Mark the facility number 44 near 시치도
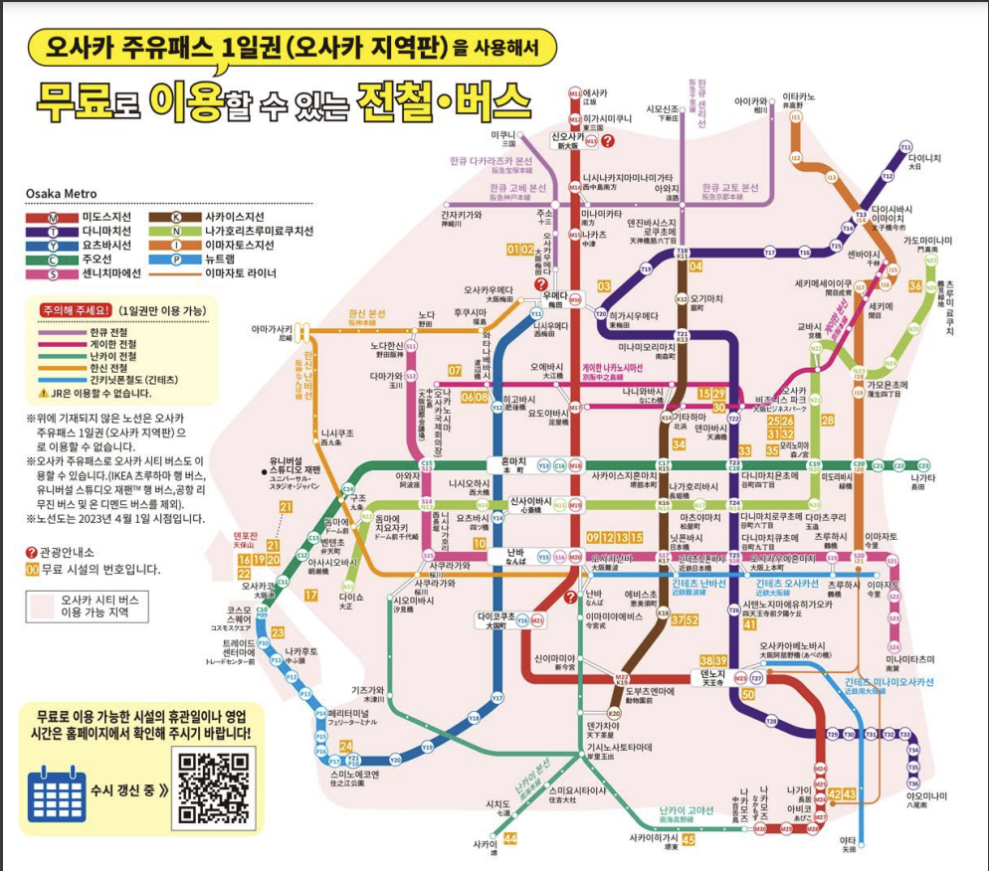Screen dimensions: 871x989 click(x=510, y=839)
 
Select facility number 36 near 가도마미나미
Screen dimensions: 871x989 click(x=914, y=285)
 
